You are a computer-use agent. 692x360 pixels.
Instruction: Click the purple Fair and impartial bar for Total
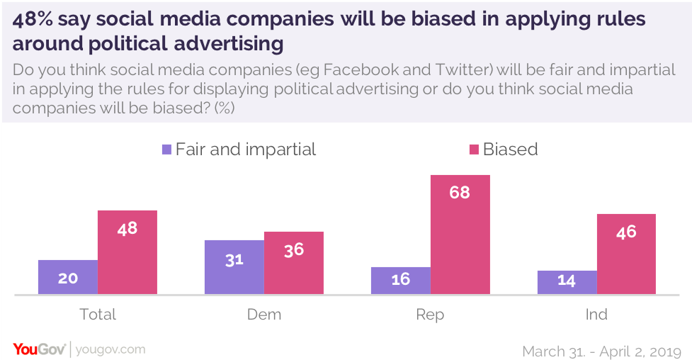(x=68, y=277)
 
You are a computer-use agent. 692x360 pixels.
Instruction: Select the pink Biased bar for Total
(x=127, y=252)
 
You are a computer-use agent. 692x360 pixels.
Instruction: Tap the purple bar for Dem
(x=234, y=267)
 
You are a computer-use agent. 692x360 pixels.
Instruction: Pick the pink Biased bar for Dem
(x=294, y=263)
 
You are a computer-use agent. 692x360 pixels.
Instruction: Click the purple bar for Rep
(x=401, y=281)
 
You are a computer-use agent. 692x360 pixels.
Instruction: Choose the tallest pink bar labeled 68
(x=460, y=235)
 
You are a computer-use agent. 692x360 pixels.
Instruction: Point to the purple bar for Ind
(x=567, y=282)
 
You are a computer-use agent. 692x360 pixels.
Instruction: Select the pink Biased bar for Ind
(x=627, y=254)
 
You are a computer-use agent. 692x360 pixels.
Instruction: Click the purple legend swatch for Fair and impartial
(x=167, y=150)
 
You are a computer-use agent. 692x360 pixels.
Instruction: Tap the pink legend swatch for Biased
(x=472, y=150)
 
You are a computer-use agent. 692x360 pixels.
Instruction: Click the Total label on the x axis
(x=98, y=314)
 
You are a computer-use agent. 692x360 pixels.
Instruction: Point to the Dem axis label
(x=264, y=314)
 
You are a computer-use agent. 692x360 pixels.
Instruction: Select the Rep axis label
(x=431, y=314)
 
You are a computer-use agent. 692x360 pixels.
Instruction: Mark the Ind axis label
(x=597, y=314)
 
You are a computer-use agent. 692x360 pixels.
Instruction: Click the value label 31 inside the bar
(x=234, y=259)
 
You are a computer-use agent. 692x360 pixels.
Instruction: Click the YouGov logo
(x=40, y=349)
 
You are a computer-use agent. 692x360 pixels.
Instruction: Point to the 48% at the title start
(x=33, y=19)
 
